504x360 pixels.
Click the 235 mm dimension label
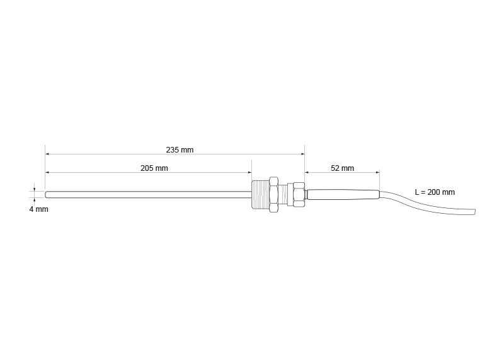180,150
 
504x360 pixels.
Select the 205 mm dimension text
154,168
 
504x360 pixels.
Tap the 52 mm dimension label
342,168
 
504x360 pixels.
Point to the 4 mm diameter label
38,209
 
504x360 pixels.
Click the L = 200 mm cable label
434,192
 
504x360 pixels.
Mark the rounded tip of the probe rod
47,194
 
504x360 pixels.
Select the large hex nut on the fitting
273,194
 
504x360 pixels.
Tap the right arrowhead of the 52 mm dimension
377,172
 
